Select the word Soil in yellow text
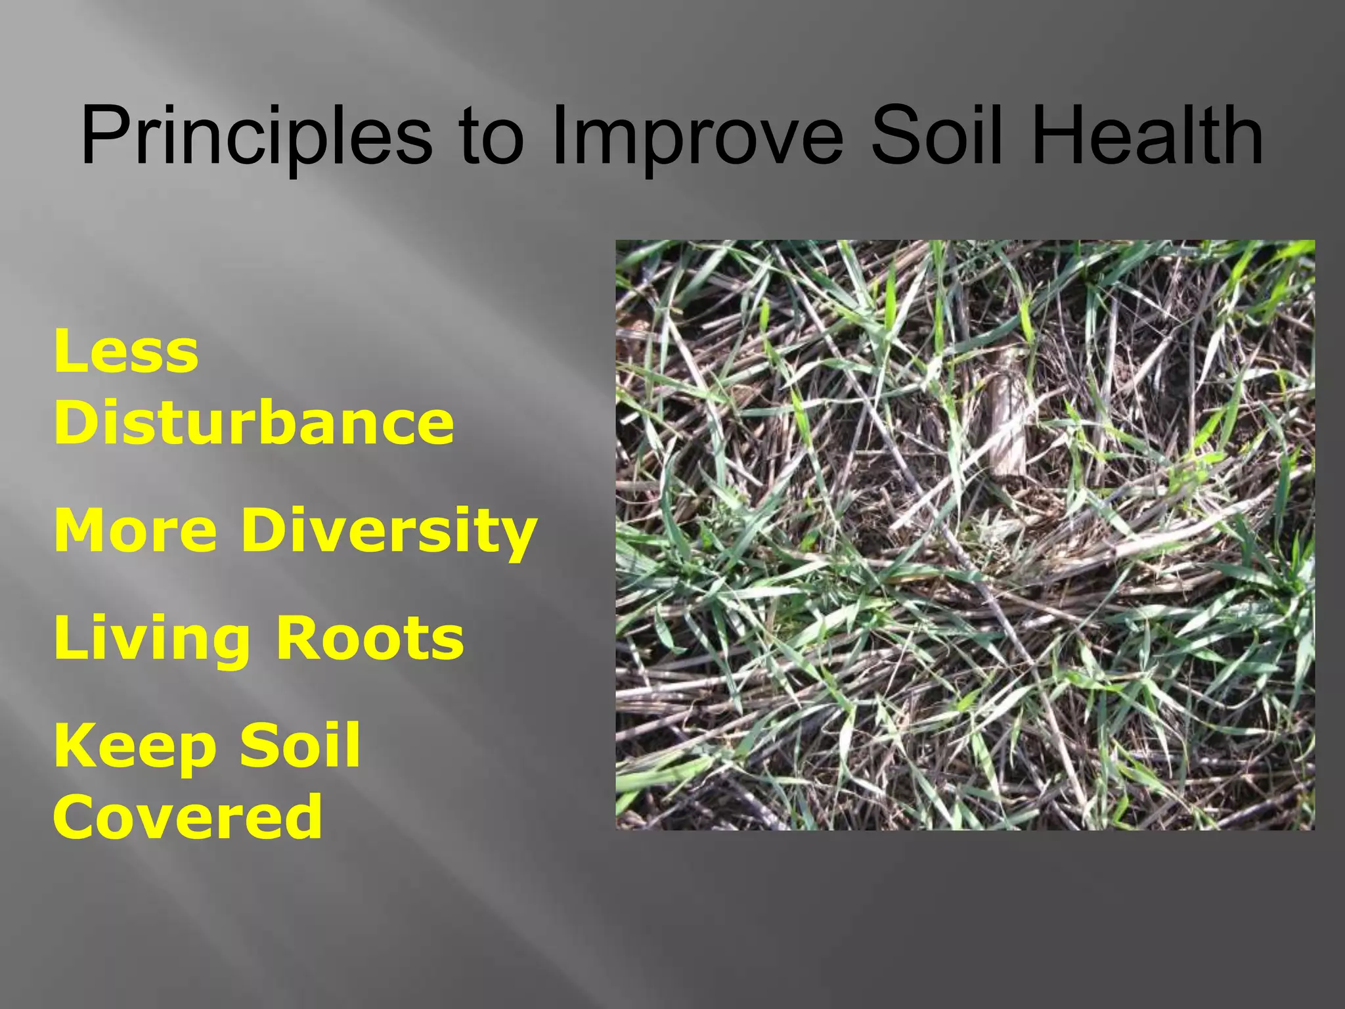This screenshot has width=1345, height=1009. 299,745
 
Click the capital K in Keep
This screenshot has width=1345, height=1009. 74,746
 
